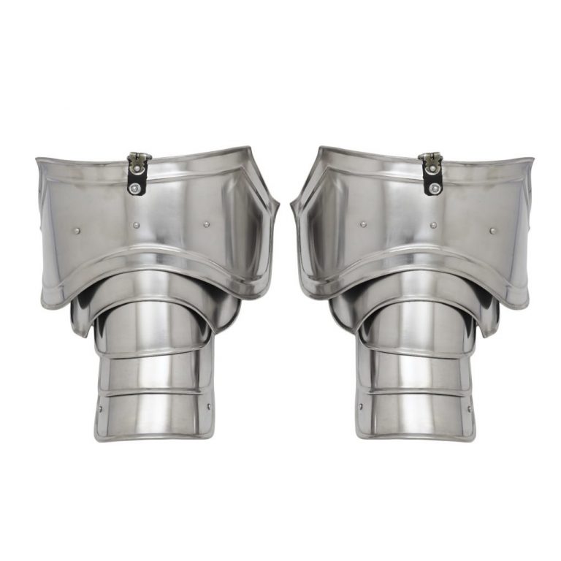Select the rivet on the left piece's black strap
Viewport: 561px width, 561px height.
(135, 188)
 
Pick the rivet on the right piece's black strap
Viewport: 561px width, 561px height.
(435, 188)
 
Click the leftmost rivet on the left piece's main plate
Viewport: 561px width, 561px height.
(79, 232)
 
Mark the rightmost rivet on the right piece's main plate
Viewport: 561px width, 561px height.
(492, 232)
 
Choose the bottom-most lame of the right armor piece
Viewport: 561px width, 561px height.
(414, 416)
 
